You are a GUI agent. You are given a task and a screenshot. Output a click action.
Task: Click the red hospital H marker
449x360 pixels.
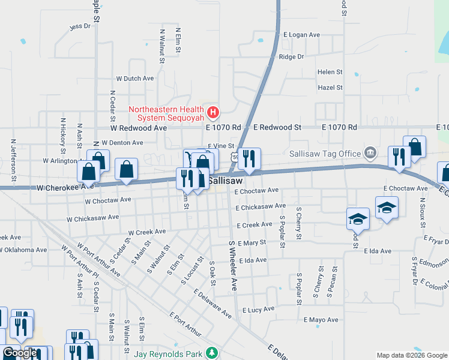212,112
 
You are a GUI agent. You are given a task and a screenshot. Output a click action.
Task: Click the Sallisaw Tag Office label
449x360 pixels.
326,154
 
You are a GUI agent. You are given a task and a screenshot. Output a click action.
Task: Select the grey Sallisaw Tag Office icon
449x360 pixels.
370,153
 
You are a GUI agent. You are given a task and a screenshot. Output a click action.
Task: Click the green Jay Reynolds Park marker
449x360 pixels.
211,354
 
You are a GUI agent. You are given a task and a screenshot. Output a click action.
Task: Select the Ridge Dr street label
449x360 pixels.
292,57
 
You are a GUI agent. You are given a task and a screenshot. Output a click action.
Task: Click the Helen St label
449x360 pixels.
330,72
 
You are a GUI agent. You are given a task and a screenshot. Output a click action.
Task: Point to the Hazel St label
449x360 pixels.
330,88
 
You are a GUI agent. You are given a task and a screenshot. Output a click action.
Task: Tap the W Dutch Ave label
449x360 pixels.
134,79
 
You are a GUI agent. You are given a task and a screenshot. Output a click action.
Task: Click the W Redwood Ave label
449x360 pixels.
138,128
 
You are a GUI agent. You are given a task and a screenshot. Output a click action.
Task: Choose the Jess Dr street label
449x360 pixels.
80,26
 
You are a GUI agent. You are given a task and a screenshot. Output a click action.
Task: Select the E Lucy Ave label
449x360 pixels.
258,309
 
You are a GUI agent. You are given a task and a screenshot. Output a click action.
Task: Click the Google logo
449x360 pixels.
19,353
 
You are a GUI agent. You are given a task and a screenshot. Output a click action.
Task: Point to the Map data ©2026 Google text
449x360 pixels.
411,355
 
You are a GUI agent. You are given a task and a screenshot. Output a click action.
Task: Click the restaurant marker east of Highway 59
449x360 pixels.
249,158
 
